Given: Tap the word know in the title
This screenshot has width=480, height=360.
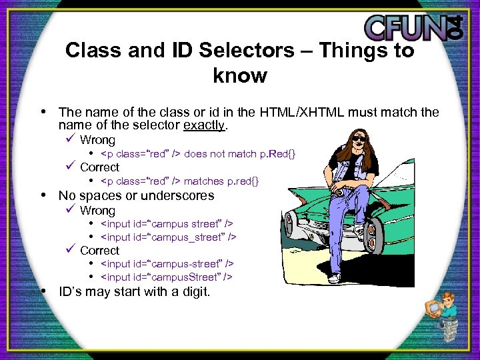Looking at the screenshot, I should click(239, 75).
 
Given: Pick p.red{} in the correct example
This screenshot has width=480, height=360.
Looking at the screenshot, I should click(243, 181).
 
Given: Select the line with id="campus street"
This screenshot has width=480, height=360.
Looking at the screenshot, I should click(167, 223).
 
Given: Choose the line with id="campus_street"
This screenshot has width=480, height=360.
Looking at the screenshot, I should click(169, 237).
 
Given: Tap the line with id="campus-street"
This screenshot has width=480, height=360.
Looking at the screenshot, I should click(167, 263).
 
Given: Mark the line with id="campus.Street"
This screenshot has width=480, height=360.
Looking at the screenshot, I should click(167, 277).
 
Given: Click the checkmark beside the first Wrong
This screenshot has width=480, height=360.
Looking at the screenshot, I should click(70, 140).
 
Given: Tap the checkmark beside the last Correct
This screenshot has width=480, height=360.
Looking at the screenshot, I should click(70, 250).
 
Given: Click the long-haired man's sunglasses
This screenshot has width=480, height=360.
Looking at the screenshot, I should click(359, 138).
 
